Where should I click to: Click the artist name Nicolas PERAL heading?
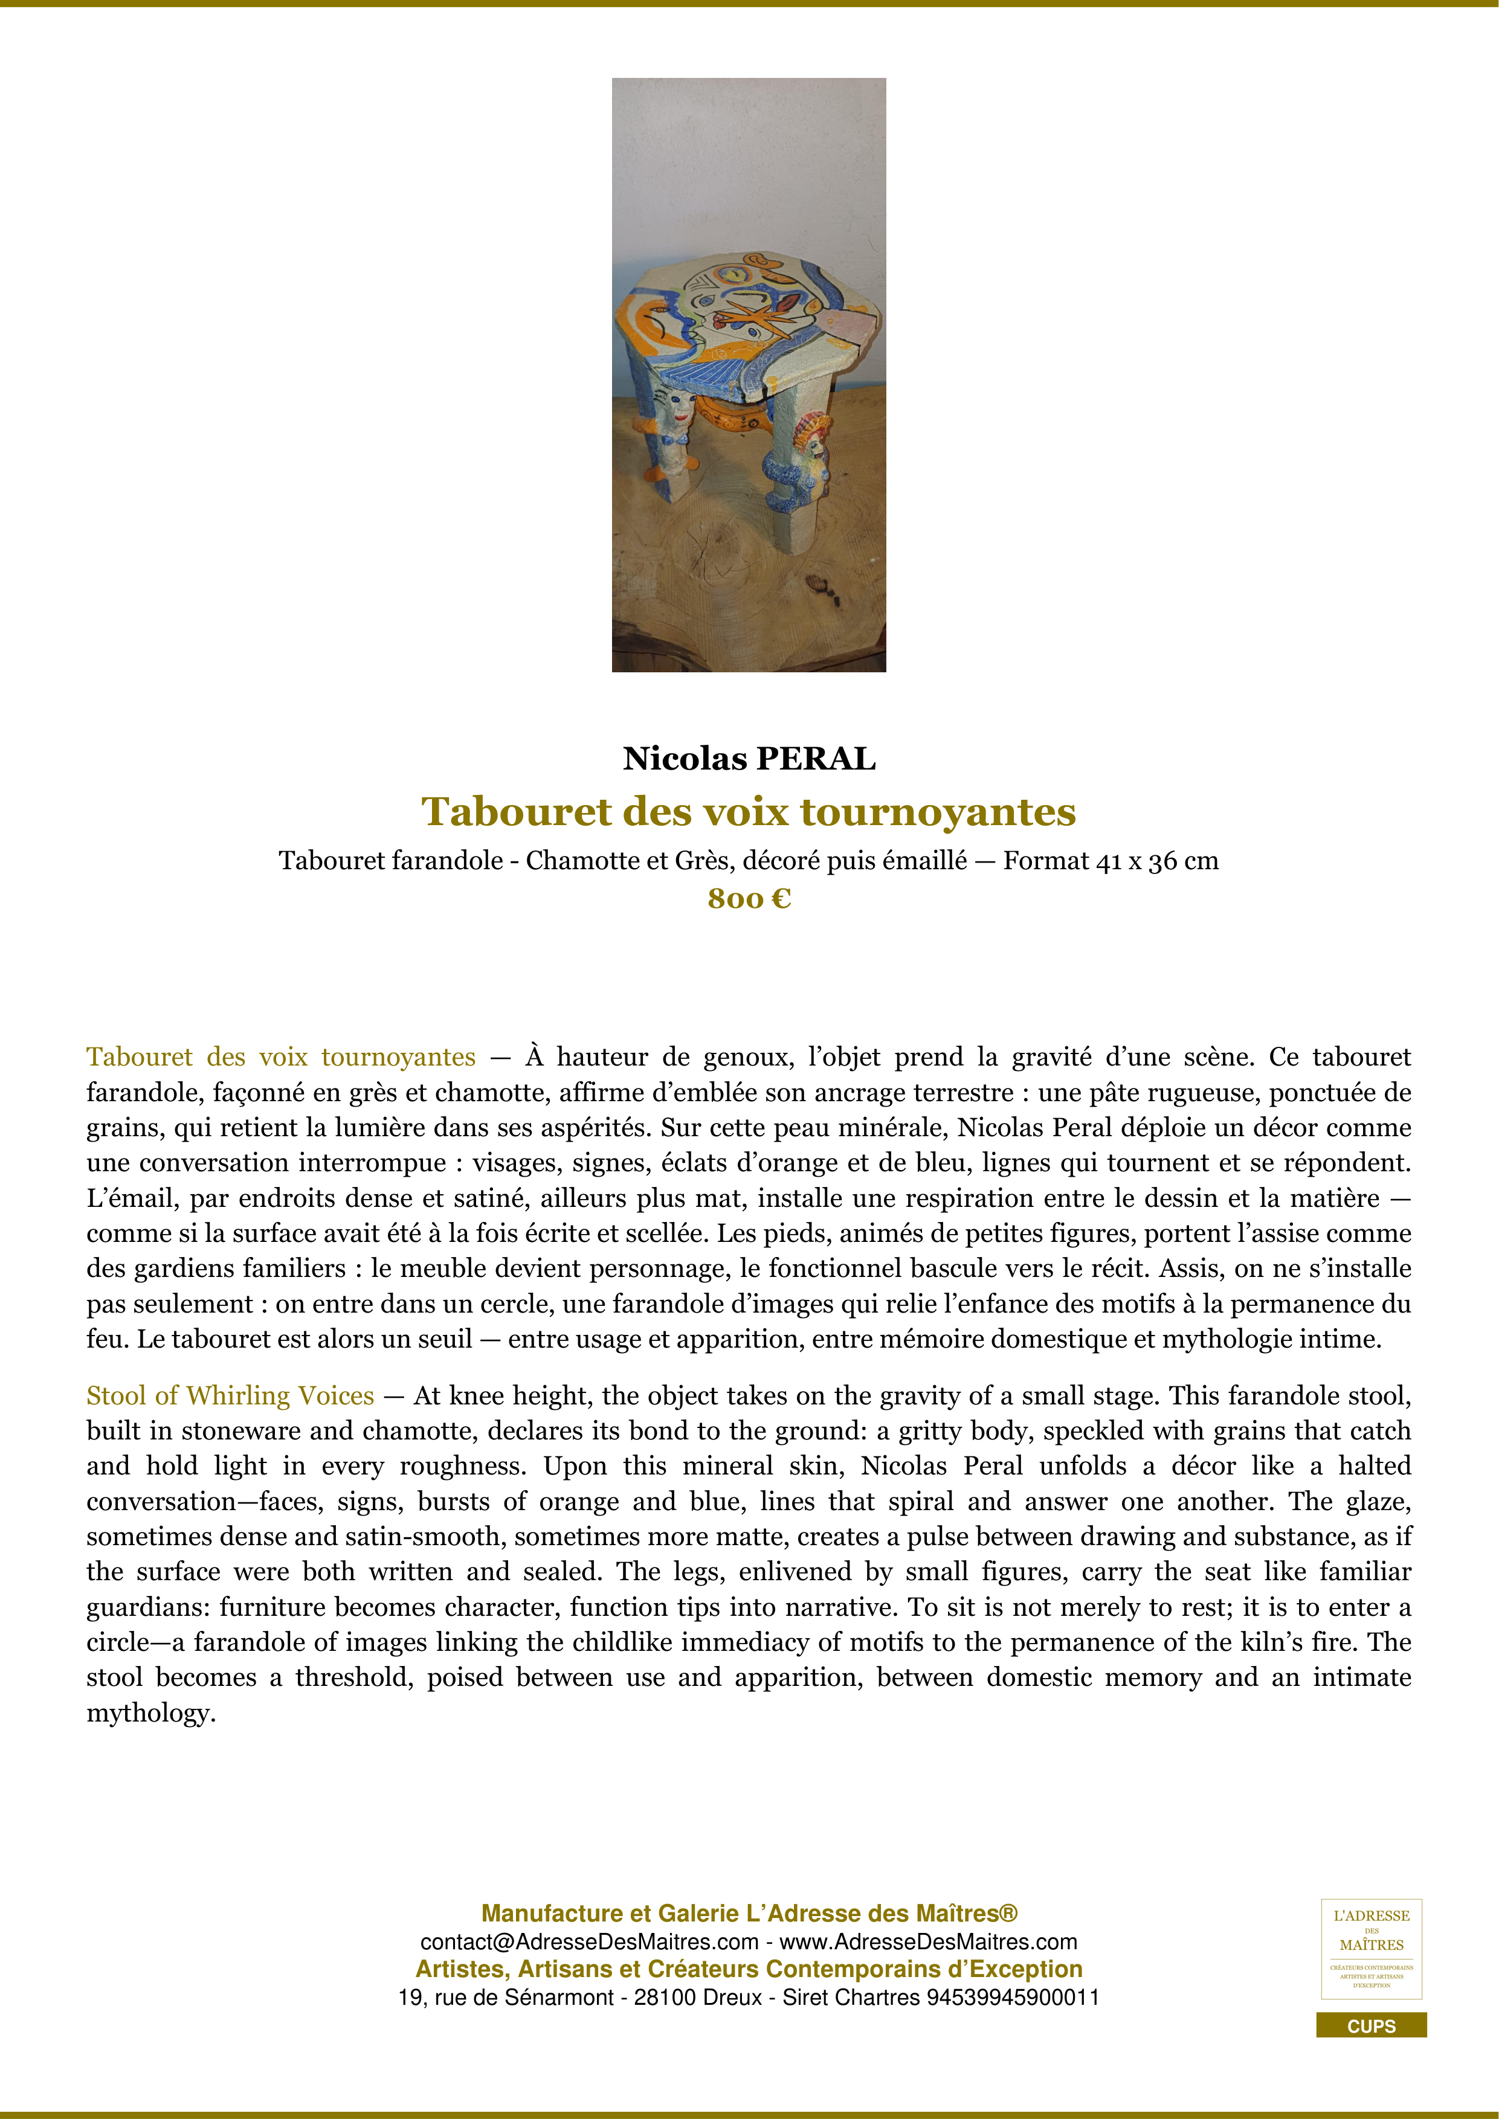(749, 759)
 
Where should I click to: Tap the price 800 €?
(749, 898)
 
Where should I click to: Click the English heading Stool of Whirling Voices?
(231, 1395)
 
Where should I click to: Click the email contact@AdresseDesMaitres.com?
(589, 1942)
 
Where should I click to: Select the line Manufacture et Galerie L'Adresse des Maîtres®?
(749, 1914)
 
